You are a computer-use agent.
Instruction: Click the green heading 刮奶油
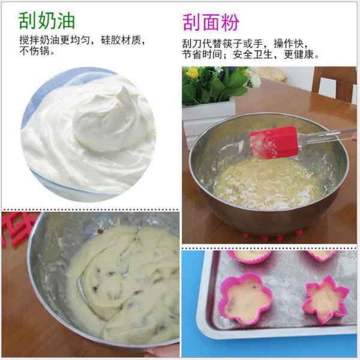47,20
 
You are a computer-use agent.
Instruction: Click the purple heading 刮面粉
211,22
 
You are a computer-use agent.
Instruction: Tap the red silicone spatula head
274,142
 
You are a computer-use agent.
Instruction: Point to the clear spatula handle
327,136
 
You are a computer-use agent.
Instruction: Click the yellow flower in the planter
192,73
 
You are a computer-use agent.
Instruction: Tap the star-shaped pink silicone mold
326,299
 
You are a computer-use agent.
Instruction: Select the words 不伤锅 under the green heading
34,51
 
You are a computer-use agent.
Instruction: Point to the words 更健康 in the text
298,55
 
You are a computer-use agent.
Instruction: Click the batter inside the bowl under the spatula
264,181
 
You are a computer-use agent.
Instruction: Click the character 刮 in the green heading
28,20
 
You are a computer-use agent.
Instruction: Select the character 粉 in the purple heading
230,22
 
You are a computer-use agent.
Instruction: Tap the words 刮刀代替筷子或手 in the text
222,44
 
